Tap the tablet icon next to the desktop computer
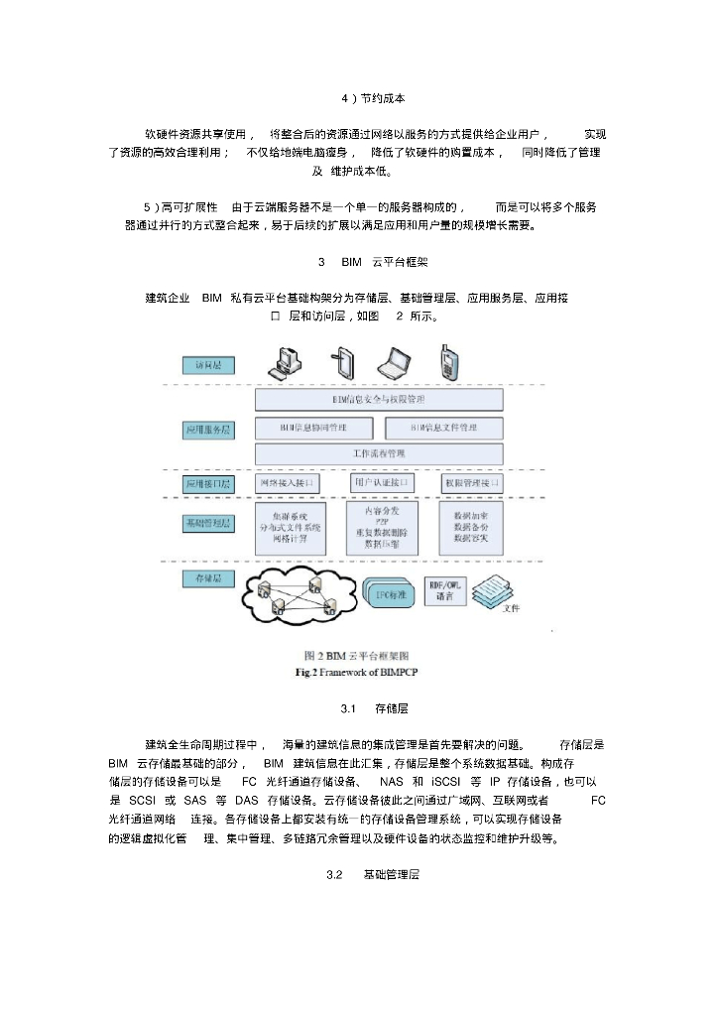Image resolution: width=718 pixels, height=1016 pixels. click(343, 362)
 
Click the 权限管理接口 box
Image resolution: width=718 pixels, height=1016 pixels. click(470, 483)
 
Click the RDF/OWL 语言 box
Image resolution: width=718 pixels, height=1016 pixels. click(444, 591)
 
